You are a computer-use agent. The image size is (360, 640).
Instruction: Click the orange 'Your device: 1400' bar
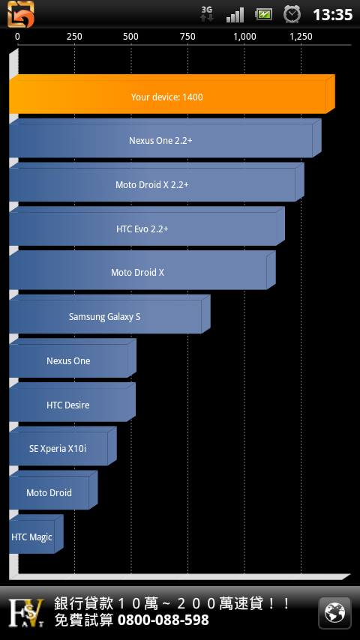point(172,94)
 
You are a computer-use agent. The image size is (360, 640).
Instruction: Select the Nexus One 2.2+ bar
point(165,138)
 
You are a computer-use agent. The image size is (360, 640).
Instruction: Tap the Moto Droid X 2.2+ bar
point(157,182)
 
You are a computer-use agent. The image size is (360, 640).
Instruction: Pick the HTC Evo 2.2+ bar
point(147,226)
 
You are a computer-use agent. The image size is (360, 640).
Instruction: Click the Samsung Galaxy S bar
point(109,314)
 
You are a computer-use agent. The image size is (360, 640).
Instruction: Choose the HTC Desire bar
point(72,402)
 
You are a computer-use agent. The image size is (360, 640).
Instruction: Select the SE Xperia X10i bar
point(63,446)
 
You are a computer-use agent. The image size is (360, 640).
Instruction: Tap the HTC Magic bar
point(36,534)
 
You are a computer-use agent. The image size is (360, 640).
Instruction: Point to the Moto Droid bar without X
point(53,490)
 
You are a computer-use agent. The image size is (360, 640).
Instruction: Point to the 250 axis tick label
point(74,37)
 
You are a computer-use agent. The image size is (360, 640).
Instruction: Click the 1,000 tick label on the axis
point(244,37)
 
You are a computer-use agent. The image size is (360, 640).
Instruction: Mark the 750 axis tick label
point(187,37)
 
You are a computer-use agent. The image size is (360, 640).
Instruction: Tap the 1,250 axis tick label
point(301,37)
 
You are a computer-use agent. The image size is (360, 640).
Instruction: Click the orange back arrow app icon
point(21,14)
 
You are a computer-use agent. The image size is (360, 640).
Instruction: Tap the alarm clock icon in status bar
point(292,15)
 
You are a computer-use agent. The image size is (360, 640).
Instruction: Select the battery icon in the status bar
point(263,15)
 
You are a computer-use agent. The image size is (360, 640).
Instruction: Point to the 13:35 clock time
point(332,15)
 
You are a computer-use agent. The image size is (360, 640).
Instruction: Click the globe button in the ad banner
point(334,613)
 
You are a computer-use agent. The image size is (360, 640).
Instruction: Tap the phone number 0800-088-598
point(163,621)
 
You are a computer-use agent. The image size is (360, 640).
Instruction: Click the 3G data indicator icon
point(207,13)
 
